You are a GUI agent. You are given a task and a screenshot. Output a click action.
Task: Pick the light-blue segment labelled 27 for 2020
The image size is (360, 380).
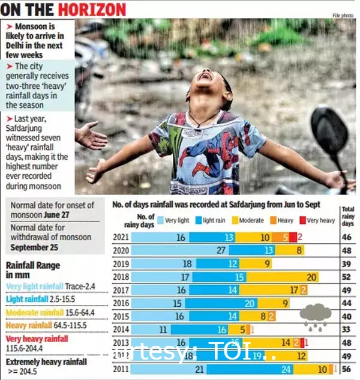click(180, 250)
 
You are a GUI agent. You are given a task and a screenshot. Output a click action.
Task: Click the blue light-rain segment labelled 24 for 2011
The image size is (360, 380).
click(269, 369)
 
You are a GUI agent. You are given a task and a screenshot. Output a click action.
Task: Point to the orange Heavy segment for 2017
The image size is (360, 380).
click(304, 290)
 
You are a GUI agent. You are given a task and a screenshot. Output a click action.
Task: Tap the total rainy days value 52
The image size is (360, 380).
click(347, 277)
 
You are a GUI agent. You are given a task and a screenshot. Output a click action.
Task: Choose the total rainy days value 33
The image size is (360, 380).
click(347, 330)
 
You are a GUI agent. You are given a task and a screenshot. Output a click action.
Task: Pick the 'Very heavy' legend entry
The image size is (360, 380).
click(317, 220)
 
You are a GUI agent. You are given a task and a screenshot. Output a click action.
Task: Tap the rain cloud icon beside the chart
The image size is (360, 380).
click(316, 316)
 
